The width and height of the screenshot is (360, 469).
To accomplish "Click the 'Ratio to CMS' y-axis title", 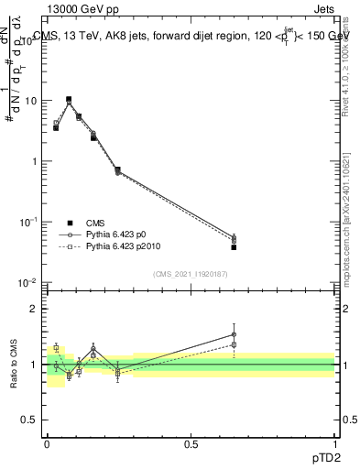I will [x=15, y=364].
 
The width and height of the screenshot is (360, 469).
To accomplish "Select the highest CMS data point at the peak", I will [x=68, y=99].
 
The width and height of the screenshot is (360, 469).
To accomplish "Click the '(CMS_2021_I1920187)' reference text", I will [x=190, y=274].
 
